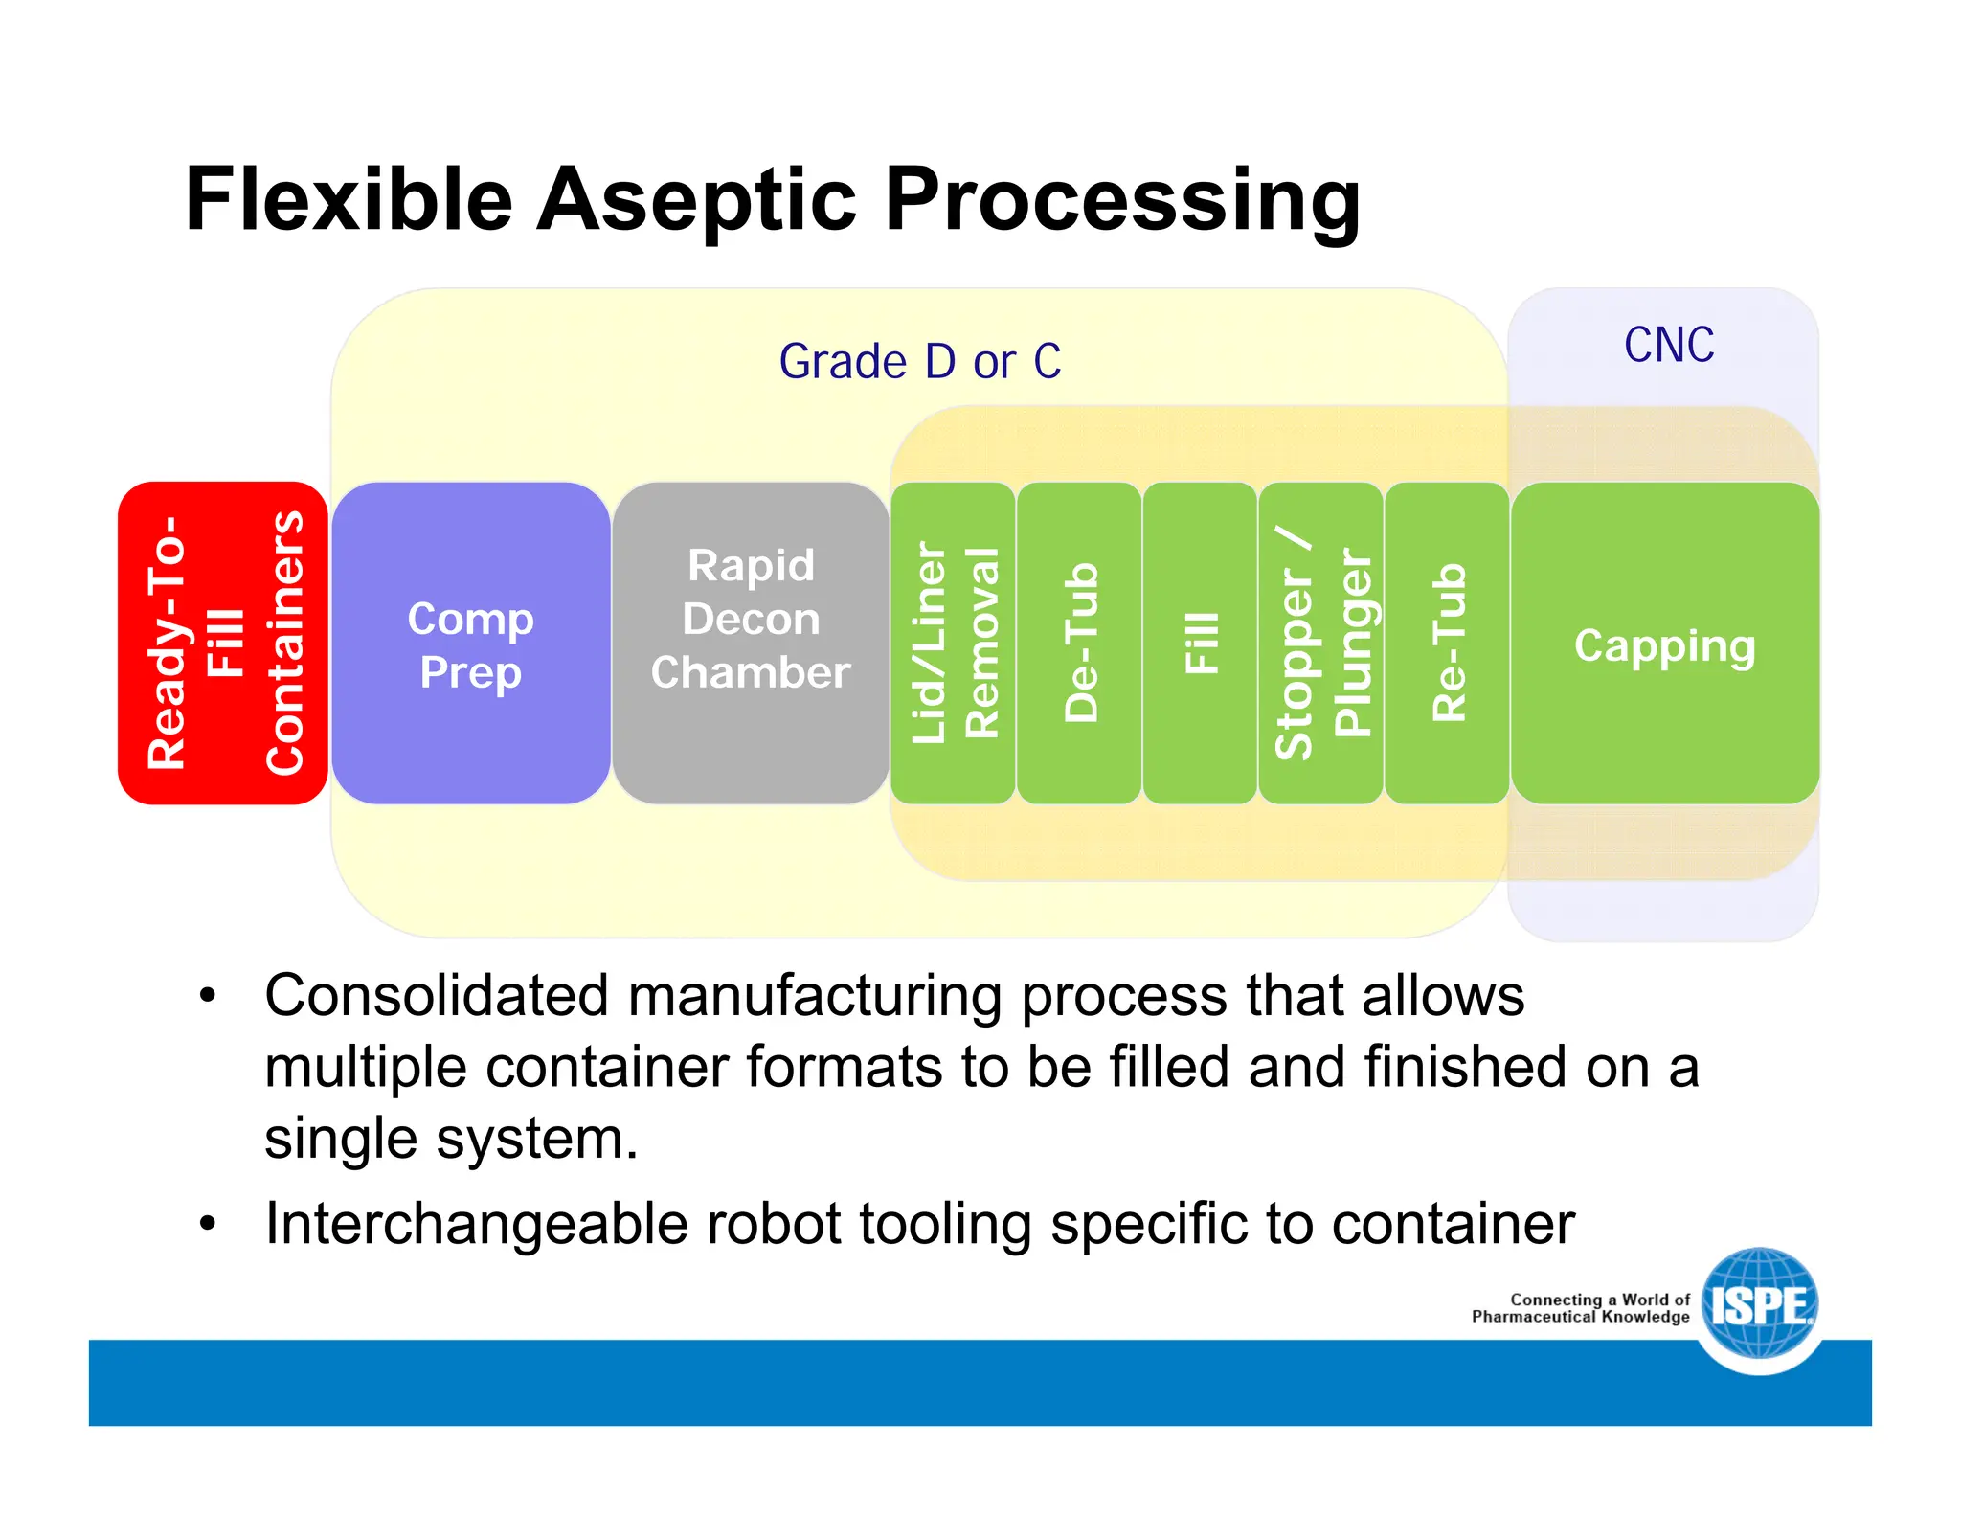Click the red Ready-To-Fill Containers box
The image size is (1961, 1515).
tap(222, 643)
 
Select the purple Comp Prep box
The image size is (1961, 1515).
tap(470, 643)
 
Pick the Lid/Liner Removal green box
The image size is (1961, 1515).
tap(953, 643)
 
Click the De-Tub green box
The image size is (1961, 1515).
tap(1079, 643)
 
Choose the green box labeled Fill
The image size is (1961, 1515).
tap(1200, 643)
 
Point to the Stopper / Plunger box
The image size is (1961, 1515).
tap(1320, 643)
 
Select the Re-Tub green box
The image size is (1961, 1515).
tap(1447, 643)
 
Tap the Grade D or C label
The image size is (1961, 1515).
tap(919, 362)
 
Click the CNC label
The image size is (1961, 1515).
tap(1668, 345)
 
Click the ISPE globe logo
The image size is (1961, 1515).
tap(1760, 1304)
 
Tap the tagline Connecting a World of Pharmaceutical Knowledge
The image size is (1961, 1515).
tap(1582, 1308)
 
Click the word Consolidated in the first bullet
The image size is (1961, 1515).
tap(436, 996)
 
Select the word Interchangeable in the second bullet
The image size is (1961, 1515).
tap(476, 1224)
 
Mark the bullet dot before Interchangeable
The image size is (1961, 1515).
tap(208, 1224)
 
